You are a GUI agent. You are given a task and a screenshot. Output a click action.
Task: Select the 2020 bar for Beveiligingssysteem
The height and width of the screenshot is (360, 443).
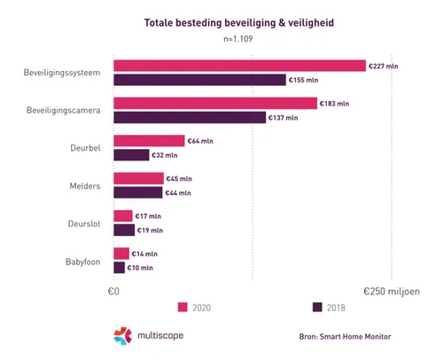(x=239, y=66)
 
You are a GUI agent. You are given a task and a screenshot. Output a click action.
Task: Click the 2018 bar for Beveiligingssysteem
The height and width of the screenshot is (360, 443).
(x=199, y=80)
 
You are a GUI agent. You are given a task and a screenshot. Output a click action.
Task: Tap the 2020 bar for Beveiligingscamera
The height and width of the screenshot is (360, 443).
(x=215, y=103)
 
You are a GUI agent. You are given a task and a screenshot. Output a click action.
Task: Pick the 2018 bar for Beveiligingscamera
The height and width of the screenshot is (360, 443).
(x=190, y=117)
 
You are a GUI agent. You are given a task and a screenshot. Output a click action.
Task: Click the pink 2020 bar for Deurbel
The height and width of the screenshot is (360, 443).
(x=149, y=141)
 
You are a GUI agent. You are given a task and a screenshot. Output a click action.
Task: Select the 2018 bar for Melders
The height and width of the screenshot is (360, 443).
(x=138, y=192)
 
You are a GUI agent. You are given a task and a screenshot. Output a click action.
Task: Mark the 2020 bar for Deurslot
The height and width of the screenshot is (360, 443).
(x=123, y=215)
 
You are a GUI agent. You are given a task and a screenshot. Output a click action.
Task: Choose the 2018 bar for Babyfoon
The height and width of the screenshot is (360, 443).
(x=119, y=267)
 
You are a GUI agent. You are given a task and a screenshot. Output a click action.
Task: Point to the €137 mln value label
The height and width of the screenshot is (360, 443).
(x=285, y=117)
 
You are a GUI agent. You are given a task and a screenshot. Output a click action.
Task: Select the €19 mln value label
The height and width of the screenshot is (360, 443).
(x=150, y=230)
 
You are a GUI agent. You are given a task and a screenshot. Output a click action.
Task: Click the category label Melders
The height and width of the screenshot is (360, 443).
(x=85, y=185)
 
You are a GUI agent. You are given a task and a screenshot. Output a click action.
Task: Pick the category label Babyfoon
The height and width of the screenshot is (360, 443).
(x=82, y=261)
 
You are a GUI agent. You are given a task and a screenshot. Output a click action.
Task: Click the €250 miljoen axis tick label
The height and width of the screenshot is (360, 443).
(x=391, y=290)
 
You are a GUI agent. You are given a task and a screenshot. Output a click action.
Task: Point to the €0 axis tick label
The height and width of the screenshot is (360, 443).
(x=113, y=290)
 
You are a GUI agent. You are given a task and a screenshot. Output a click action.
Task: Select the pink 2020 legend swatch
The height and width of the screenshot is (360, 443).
(x=183, y=308)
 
